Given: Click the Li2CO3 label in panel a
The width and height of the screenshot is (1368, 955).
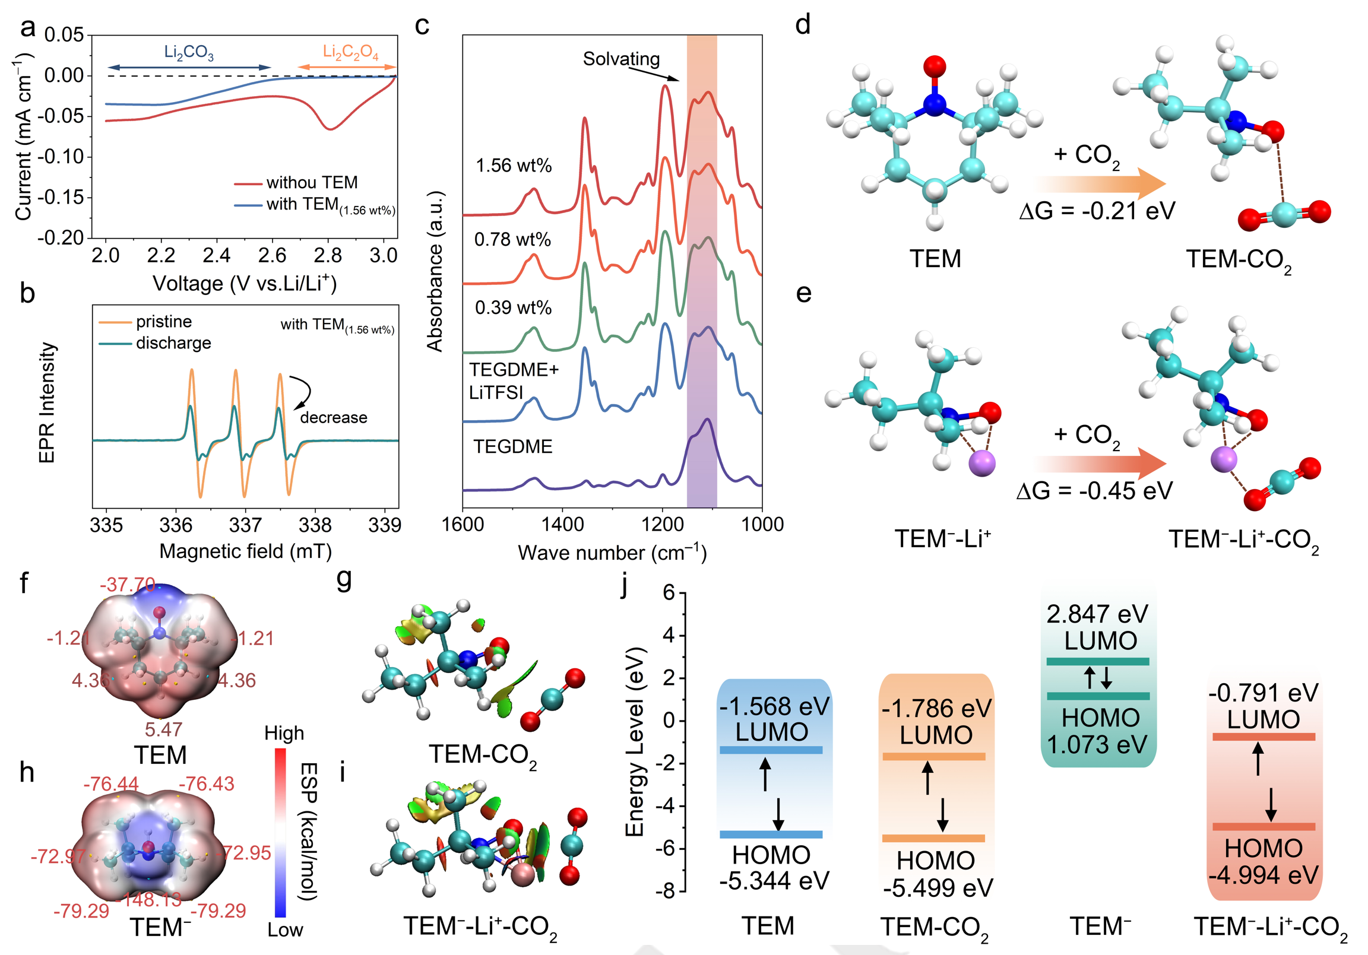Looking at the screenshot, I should [188, 52].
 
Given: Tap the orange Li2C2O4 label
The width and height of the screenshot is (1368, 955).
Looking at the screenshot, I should [350, 52].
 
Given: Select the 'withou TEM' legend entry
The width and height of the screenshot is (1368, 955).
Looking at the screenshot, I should [312, 182].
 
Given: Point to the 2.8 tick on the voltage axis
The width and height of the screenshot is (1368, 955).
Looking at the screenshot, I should [328, 256].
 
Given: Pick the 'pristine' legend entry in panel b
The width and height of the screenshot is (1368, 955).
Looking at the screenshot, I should [164, 322].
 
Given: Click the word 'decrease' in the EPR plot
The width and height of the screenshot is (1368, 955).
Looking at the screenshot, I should [334, 418].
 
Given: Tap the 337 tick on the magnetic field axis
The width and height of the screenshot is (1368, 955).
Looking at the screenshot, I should [245, 525].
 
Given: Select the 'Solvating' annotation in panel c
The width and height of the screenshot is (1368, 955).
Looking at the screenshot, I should [621, 59].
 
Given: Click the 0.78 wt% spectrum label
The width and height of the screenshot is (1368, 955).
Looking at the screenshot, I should [512, 240].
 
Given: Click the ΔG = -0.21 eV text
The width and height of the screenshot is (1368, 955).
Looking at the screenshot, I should [1097, 211].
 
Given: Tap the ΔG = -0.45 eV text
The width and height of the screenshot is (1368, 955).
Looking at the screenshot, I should [1094, 491].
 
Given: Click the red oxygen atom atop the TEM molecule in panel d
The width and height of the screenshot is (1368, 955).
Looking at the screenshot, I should [934, 66].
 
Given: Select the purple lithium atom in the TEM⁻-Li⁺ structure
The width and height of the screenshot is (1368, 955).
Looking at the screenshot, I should [981, 464].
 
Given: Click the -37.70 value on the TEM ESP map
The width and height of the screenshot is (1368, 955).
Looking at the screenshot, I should [128, 585].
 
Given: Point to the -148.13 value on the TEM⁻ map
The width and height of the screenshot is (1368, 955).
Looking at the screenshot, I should [152, 899].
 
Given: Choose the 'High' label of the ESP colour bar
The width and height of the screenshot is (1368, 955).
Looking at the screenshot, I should [284, 733].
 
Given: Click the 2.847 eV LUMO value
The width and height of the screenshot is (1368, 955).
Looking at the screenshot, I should [1097, 614].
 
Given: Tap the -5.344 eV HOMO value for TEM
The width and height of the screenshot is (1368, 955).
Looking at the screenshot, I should [774, 881].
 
